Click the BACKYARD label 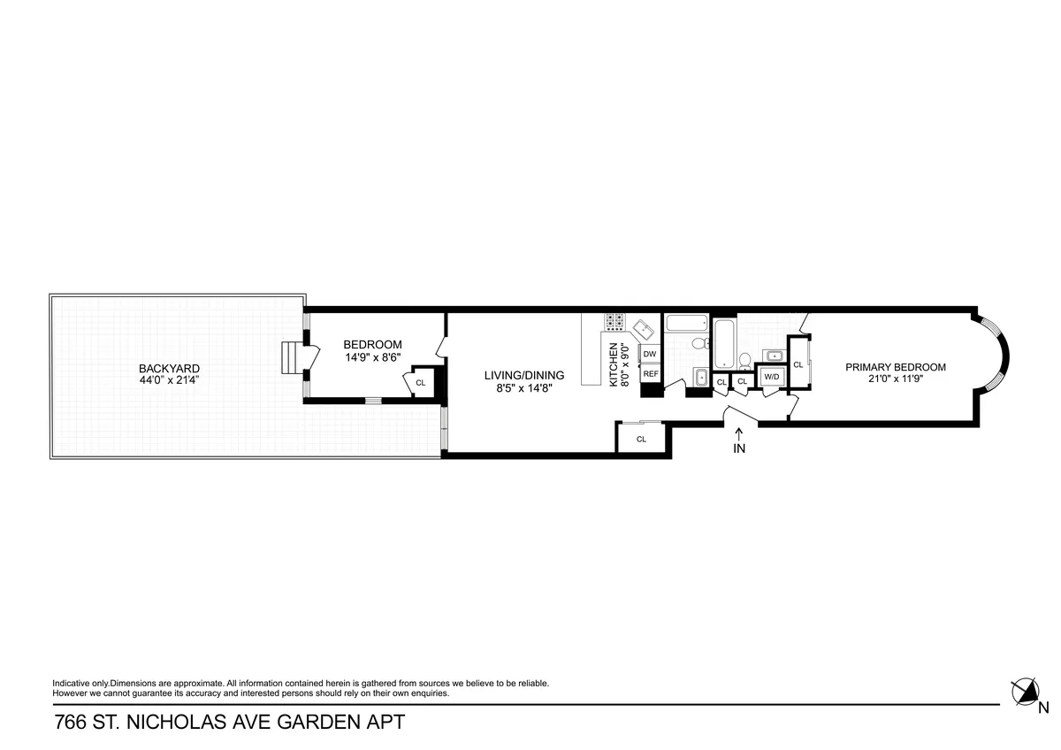click(168, 369)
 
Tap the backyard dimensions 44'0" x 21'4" click(168, 381)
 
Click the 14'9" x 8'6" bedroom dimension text click(372, 357)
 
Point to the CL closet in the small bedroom click(420, 383)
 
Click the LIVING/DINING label click(523, 375)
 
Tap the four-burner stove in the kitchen click(614, 321)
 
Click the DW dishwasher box click(650, 354)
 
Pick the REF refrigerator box click(650, 374)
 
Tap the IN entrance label click(739, 448)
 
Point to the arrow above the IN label click(739, 432)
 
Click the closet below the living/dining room click(641, 439)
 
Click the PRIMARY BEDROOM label click(895, 367)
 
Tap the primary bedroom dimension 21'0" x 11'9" click(895, 380)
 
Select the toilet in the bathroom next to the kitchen click(698, 343)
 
